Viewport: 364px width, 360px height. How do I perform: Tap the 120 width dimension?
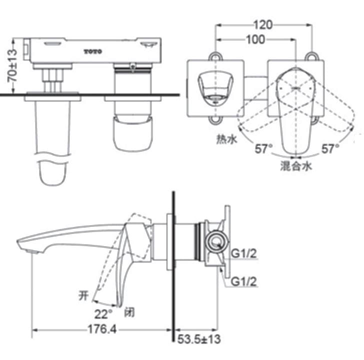coord(263,24)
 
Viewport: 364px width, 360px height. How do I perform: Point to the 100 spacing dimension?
coord(255,40)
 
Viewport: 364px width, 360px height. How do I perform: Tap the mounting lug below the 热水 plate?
coord(215,119)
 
